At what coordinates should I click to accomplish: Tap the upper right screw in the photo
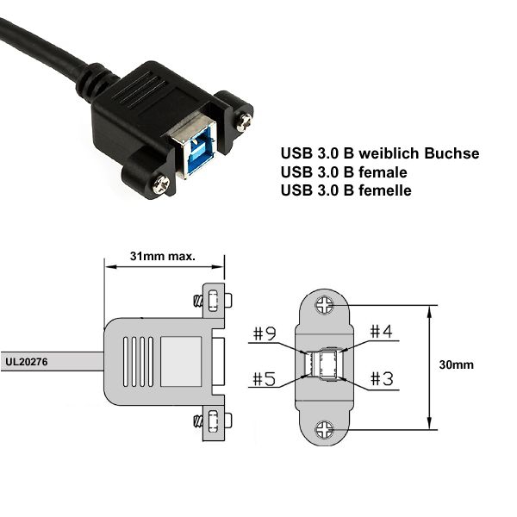click(245, 121)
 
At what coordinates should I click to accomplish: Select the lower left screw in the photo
click(162, 184)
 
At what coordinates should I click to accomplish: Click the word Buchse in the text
click(452, 153)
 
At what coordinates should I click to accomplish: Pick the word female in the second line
click(383, 172)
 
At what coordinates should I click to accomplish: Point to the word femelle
click(385, 190)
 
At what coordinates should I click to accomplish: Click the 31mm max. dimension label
click(163, 256)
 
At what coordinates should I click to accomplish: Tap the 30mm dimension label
click(457, 364)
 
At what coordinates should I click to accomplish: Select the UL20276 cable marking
click(27, 362)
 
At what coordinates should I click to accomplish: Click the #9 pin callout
click(265, 333)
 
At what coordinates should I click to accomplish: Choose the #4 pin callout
click(381, 331)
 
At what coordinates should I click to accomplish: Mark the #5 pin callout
click(265, 378)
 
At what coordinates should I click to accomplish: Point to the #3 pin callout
click(382, 378)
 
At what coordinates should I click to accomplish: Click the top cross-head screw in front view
click(325, 305)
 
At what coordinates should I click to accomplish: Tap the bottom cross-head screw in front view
click(325, 430)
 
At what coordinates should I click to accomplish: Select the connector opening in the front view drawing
click(325, 364)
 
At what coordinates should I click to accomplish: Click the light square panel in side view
click(181, 361)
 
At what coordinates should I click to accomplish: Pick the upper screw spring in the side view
click(197, 301)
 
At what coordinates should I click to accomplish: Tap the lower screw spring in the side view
click(197, 420)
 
